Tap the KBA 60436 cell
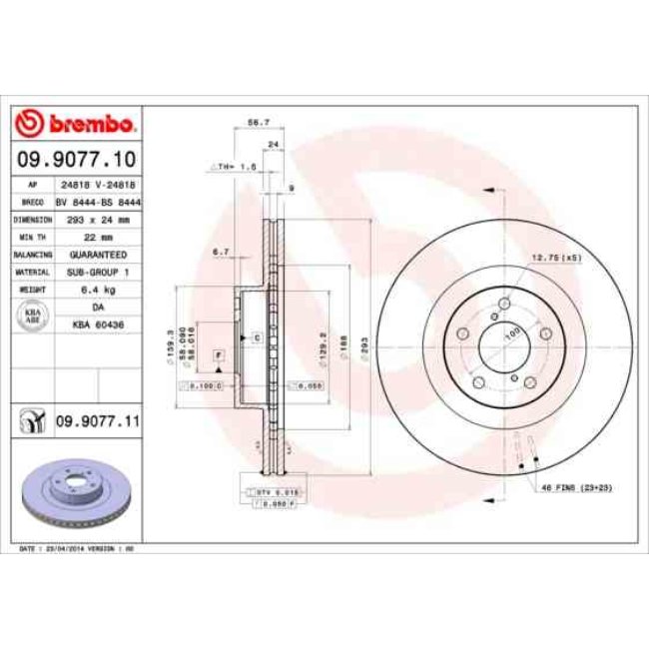pos(96,325)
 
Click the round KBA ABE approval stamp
pos(31,317)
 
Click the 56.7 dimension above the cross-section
pos(258,123)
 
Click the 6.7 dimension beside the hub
pos(222,253)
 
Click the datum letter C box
pos(257,338)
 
